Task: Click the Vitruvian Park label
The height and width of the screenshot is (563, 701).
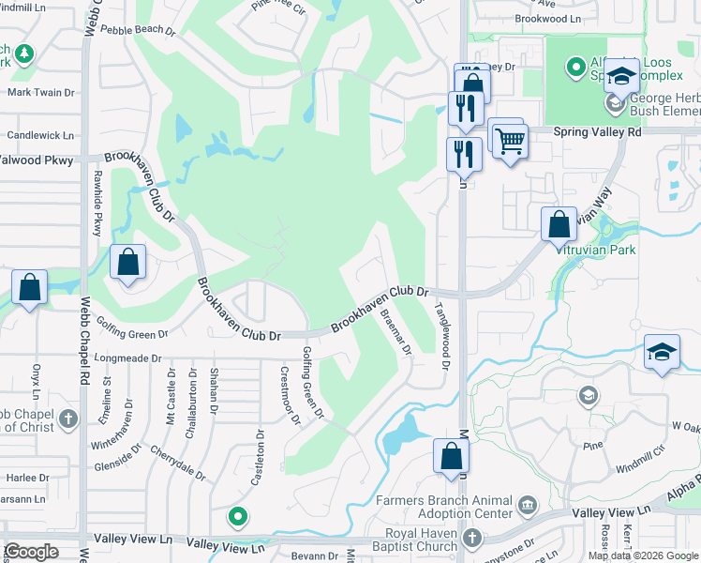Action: pos(596,250)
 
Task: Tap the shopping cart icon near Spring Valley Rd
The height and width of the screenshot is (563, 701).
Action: pos(510,143)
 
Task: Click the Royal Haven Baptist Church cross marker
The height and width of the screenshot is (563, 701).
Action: pos(472,538)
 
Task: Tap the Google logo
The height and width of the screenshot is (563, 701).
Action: pos(31,552)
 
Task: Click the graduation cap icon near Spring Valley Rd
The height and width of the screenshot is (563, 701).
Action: pos(620,78)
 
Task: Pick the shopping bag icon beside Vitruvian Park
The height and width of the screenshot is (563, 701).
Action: pos(559,225)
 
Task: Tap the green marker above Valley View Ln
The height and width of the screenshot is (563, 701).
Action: pos(239,516)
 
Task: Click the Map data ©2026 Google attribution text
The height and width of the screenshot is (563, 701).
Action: pos(643,555)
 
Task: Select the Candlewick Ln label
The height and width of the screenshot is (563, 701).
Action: pos(40,135)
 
